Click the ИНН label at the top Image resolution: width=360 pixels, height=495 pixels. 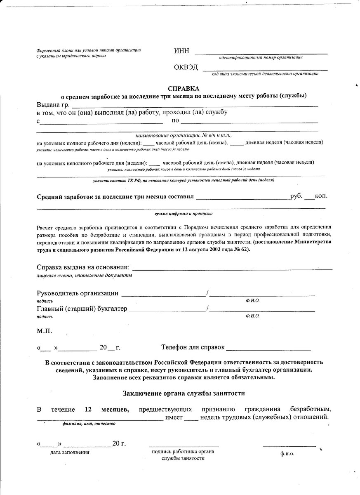pos(182,51)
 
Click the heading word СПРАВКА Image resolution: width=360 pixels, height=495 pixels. pos(184,89)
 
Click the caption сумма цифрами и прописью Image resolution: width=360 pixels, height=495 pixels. pos(184,214)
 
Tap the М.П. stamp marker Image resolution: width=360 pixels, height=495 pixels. pos(45,331)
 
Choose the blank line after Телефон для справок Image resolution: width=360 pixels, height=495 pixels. pos(268,349)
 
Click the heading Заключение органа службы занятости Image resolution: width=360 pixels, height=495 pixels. pos(184,394)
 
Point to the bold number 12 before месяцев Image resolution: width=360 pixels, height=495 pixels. pos(88,410)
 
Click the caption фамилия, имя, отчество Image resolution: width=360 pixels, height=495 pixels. pos(89,424)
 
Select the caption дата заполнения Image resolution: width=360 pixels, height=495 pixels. pos(70,452)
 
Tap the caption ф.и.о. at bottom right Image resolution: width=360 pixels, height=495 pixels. pos(287,453)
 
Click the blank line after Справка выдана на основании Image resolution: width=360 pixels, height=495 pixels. pos(232,269)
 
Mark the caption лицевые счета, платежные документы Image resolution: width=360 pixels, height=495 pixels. pos(85,275)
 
